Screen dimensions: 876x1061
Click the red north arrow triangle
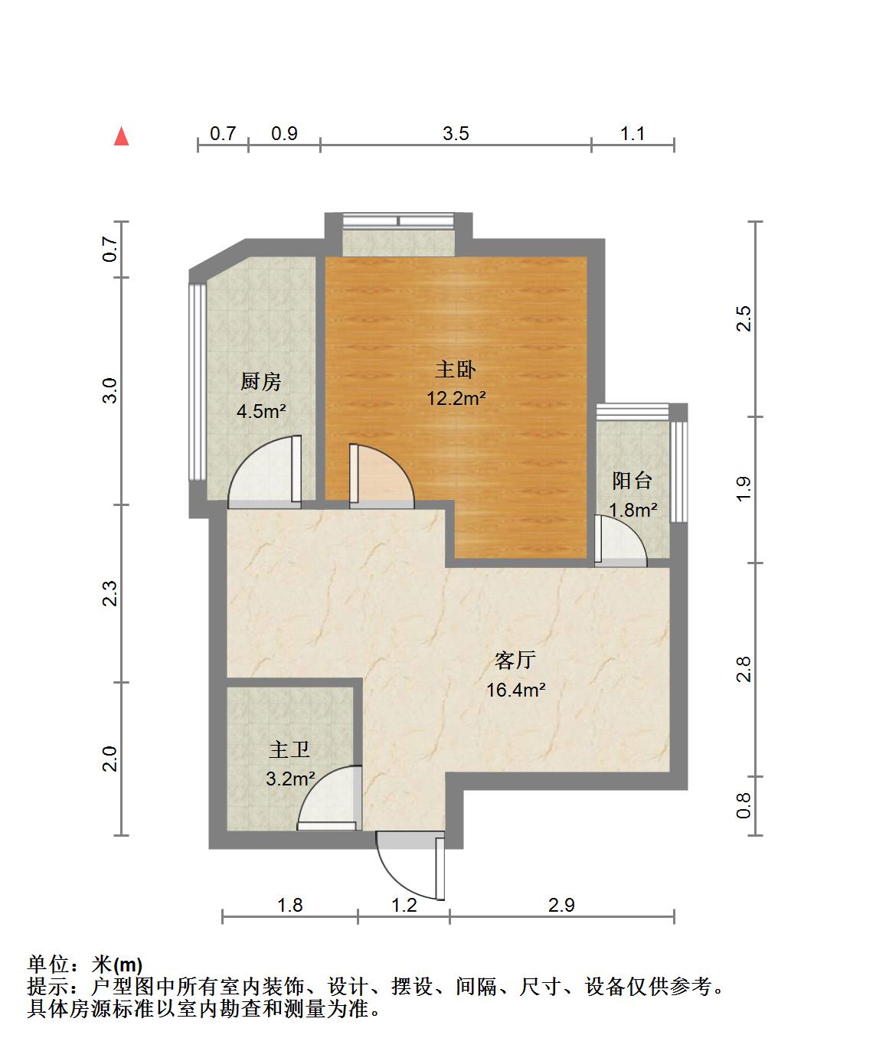pos(121,136)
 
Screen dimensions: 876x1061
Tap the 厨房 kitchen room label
pos(260,382)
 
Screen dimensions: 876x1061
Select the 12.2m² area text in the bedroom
pos(456,398)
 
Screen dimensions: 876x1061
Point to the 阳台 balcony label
pos(632,480)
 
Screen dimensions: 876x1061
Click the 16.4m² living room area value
pos(515,690)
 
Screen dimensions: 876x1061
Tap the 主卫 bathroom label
pos(289,749)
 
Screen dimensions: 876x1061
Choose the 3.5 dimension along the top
pos(456,133)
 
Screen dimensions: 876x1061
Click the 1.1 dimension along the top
pos(632,133)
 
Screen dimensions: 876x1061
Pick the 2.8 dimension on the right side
pos(744,669)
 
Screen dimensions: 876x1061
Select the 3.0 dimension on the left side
pos(109,390)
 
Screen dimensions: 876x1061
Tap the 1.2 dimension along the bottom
pos(404,905)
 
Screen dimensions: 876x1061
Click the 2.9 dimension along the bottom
pos(561,905)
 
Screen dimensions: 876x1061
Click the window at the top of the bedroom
pos(398,220)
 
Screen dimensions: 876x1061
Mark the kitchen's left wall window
pos(198,382)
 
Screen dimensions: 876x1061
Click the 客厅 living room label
pos(515,661)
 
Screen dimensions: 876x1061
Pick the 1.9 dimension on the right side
pos(744,489)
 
